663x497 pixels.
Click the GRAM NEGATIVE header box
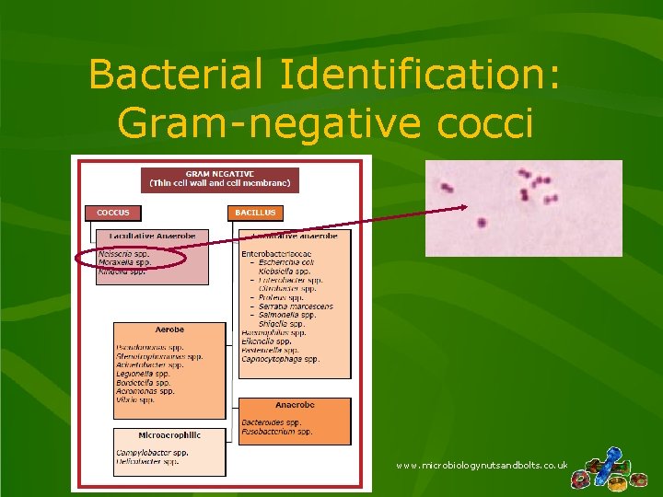(x=219, y=179)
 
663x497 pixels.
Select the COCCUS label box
(x=113, y=213)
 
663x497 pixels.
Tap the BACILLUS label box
(x=254, y=213)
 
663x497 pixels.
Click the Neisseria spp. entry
(x=123, y=252)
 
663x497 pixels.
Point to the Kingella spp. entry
(x=122, y=272)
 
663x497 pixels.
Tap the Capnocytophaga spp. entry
(x=280, y=359)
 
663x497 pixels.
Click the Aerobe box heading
(x=169, y=329)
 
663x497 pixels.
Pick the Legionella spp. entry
(x=143, y=374)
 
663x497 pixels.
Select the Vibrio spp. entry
(x=135, y=399)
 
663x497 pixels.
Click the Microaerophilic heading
(x=169, y=435)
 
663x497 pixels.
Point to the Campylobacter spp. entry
(x=152, y=453)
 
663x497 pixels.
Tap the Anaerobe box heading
(x=295, y=405)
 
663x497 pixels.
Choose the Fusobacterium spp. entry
(x=276, y=431)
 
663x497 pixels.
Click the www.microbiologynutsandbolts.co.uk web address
(x=481, y=466)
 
